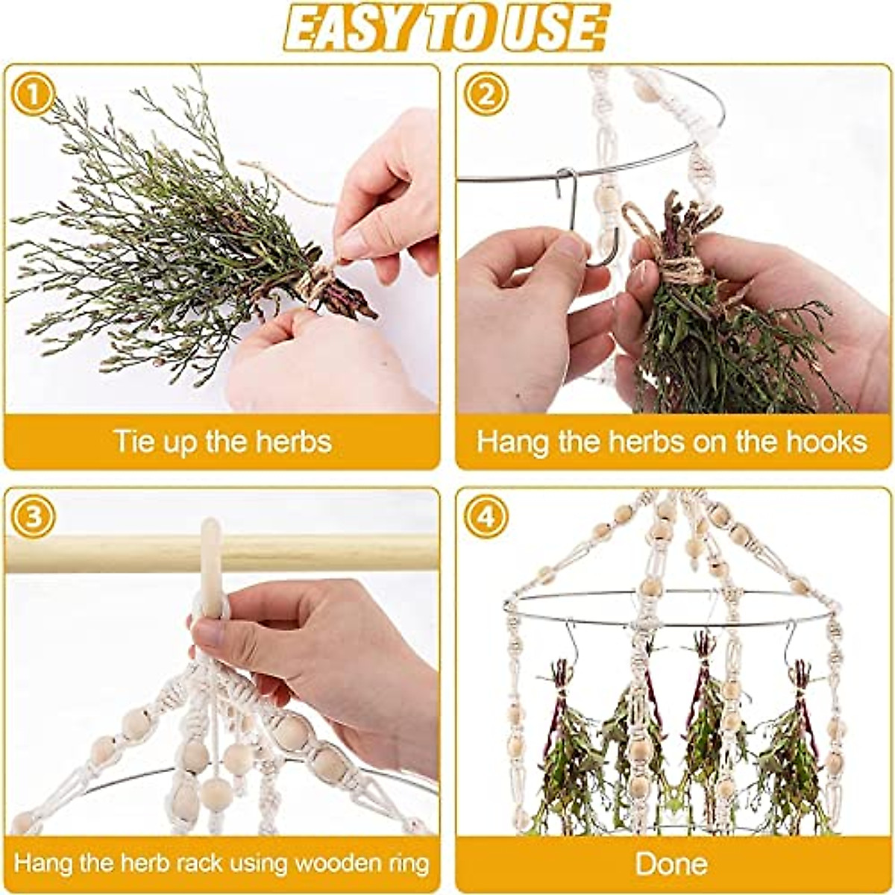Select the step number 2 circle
pos(486,95)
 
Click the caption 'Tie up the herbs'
pos(222,442)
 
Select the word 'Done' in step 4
pos(671,864)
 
